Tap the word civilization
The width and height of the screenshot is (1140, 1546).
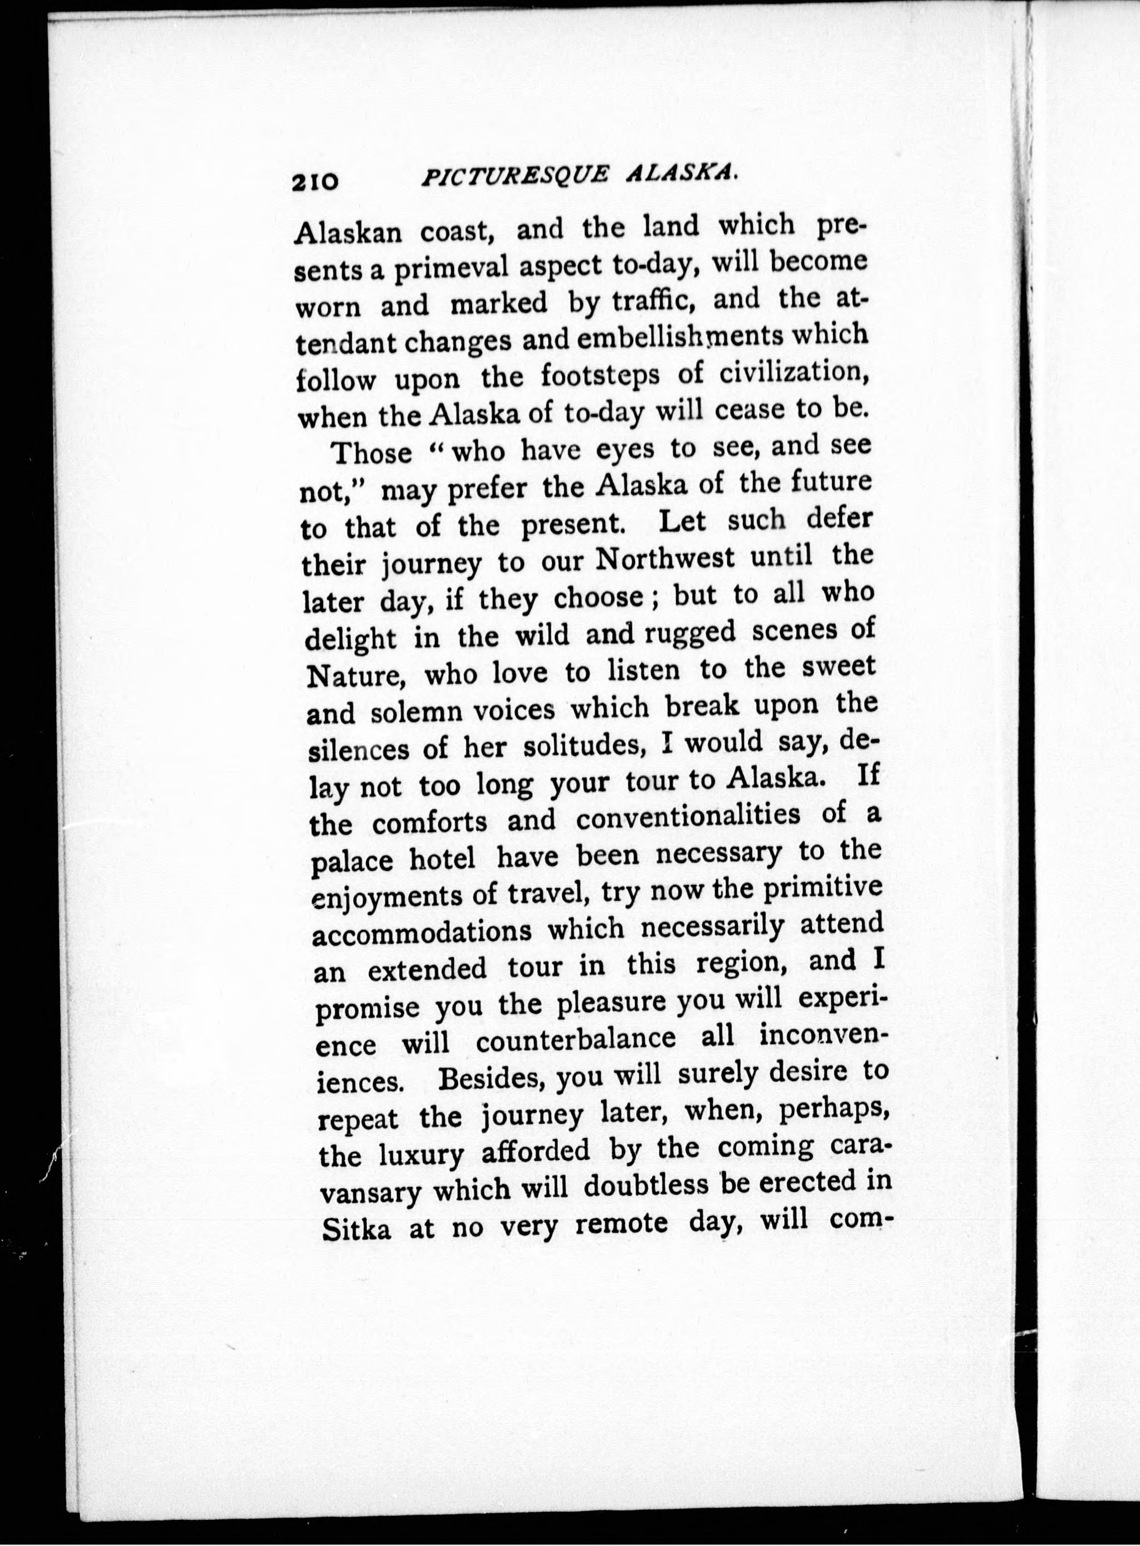coord(793,373)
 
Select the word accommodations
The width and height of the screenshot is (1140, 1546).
coord(423,932)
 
